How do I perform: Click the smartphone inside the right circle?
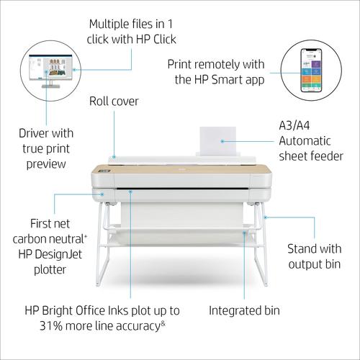coord(311,70)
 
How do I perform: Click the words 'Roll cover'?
coord(114,102)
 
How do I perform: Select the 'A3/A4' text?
coord(294,125)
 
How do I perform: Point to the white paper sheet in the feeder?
coord(218,141)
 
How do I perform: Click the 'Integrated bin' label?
coord(244,310)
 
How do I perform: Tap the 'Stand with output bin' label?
coord(315,256)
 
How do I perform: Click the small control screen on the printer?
coord(105,171)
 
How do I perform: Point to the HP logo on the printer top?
coord(181,170)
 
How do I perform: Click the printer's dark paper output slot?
coord(182,189)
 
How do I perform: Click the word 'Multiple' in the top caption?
coord(109,24)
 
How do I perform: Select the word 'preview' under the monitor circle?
coord(46,165)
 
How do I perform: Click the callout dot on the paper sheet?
coord(222,141)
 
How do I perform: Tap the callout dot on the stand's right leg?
coord(265,217)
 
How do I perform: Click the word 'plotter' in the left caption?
coord(50,270)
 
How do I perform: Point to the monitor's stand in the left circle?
coord(50,84)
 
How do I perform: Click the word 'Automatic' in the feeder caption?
coord(305,141)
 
